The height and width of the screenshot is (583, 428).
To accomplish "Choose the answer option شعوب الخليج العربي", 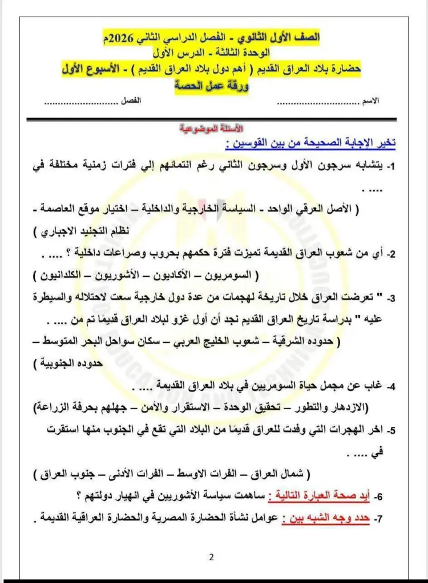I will click(x=238, y=341).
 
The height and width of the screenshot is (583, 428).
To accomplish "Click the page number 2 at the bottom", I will click(x=211, y=557).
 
